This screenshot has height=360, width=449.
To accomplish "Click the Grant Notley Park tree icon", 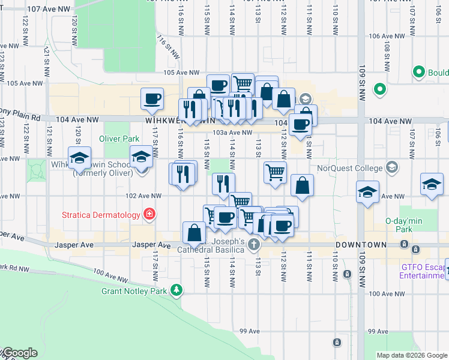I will coord(176,291).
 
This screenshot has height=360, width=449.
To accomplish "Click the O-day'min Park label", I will coord(404,225).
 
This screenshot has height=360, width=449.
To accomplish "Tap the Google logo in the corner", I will coord(19,353).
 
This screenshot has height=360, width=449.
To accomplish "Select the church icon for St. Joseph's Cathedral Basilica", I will coord(254,244).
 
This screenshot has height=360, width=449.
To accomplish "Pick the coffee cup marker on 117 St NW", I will coord(152,99).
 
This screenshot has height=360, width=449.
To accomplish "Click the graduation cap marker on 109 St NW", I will coord(368,193).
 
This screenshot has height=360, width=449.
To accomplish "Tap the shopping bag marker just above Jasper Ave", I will coord(194,232).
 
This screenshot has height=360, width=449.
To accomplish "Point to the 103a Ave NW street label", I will coord(232,133).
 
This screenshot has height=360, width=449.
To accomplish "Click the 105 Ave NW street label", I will coord(176,73).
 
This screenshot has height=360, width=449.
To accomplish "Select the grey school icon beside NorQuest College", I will coord(393,166).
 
